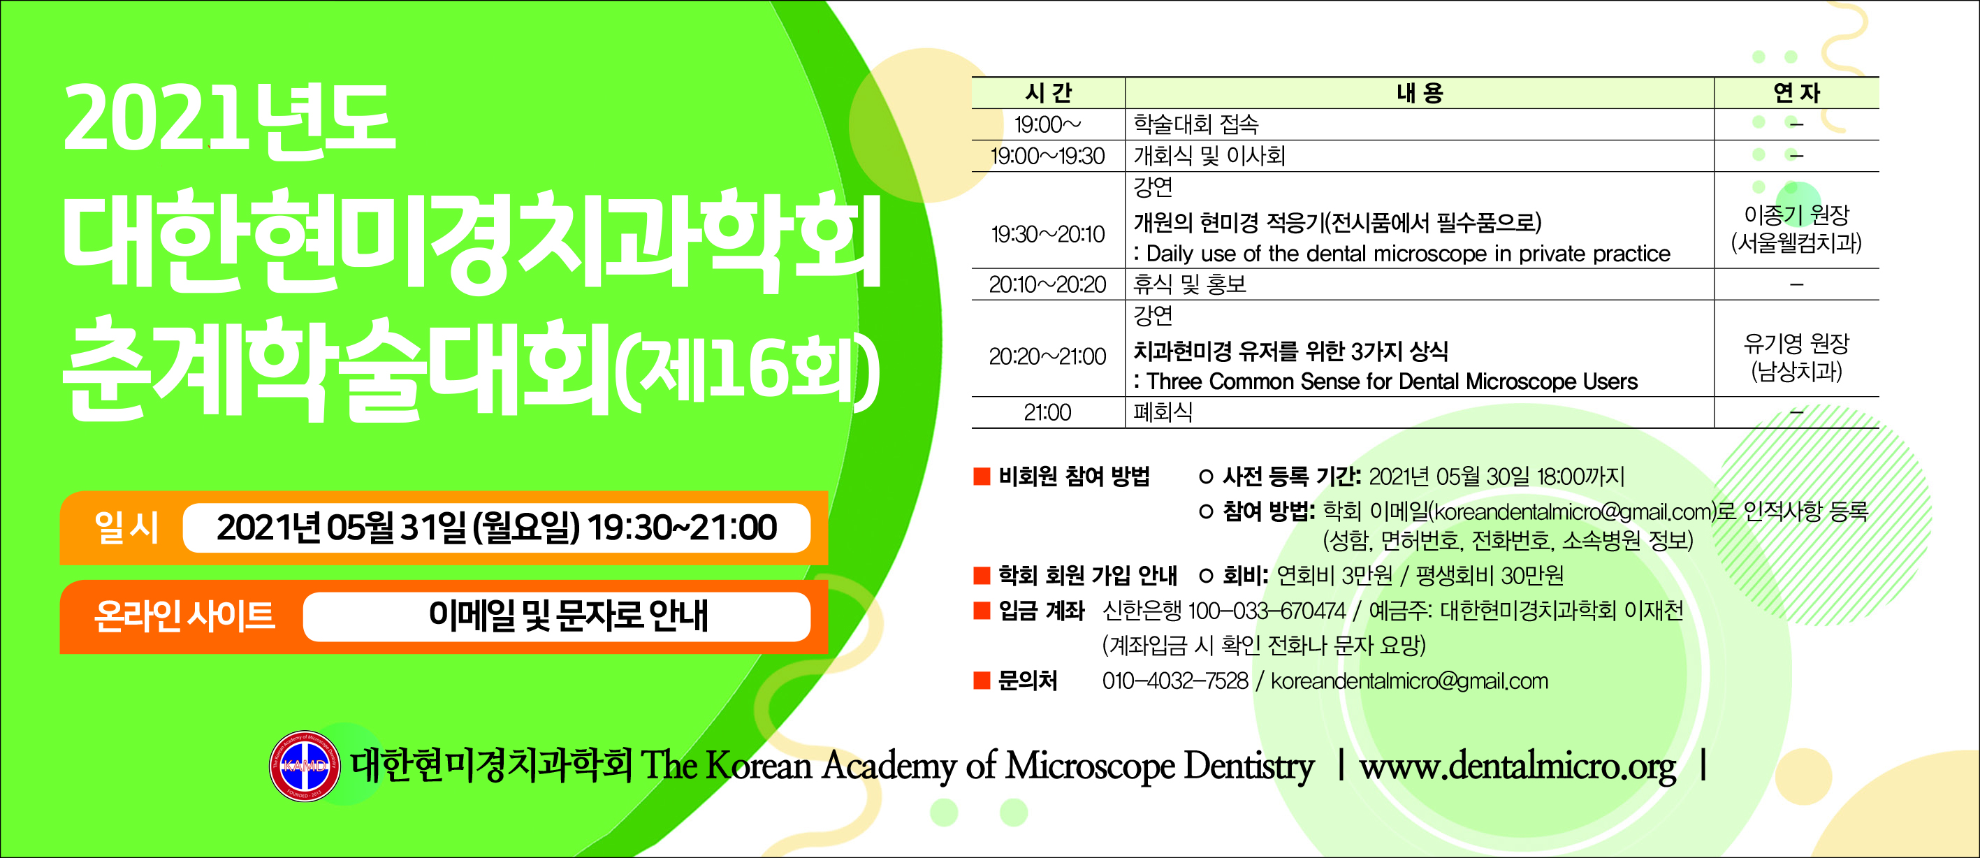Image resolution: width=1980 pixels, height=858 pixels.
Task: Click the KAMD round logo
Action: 305,766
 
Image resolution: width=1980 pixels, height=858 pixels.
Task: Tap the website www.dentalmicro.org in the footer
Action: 1518,766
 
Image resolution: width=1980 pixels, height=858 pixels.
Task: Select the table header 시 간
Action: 1049,93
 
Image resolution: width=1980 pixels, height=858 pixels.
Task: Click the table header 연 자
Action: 1797,93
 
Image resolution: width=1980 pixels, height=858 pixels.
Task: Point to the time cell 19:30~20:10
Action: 1049,234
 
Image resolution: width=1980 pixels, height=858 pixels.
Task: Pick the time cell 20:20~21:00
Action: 1048,356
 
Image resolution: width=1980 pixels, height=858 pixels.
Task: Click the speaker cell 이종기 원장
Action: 1797,214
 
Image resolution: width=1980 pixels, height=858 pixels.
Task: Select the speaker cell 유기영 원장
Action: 1797,343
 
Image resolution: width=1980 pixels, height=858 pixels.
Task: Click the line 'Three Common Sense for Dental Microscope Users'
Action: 1392,381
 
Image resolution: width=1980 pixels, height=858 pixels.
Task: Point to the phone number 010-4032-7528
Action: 1175,681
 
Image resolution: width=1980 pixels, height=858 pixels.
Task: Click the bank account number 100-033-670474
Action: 1267,611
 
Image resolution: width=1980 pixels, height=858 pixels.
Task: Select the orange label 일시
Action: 126,528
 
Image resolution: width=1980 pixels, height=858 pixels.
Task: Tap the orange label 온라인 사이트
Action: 184,616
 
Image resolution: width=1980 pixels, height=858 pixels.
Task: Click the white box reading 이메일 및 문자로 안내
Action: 558,616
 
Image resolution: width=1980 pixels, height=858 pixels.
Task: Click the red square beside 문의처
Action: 982,681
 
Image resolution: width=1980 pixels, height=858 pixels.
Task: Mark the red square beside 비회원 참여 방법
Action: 982,477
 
